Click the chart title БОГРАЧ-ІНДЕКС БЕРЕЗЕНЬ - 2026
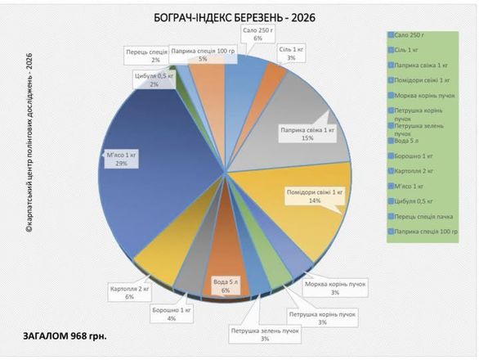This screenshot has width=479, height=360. point(223,17)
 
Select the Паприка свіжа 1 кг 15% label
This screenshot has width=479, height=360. point(307,133)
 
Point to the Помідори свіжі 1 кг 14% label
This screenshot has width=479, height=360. point(315,197)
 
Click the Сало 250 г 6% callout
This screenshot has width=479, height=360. point(257,34)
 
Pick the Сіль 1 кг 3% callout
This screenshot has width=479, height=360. point(291,54)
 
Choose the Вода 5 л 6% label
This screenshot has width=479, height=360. point(225,286)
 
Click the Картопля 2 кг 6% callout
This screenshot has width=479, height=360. point(130,292)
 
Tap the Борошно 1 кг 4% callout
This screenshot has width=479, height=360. point(171,313)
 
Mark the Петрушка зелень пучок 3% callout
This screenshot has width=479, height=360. point(263,334)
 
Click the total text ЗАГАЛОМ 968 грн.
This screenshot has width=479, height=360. point(65,335)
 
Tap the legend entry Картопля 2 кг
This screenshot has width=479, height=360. point(413,171)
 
